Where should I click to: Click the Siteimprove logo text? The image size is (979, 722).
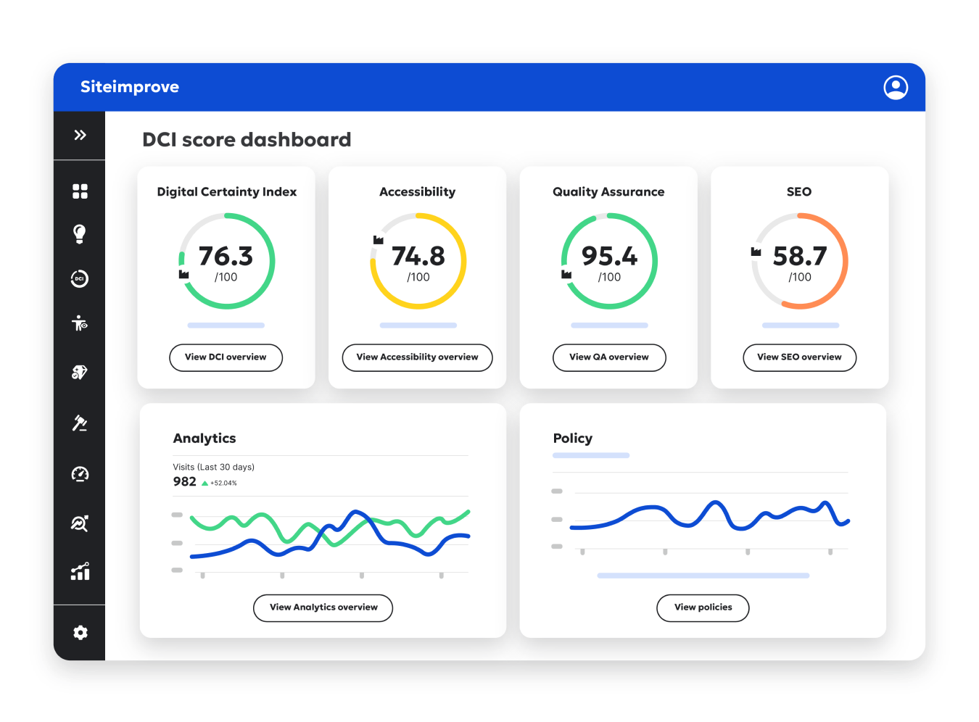130,87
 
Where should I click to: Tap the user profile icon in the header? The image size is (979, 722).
896,87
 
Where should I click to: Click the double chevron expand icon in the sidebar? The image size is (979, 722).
80,135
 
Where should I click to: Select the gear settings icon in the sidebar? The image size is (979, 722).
80,633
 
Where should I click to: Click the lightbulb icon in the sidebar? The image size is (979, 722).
80,233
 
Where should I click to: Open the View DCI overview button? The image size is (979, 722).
226,357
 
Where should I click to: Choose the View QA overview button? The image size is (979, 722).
609,357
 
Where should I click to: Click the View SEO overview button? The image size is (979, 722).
799,357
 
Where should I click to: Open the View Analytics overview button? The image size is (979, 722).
323,607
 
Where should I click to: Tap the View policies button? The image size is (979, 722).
703,607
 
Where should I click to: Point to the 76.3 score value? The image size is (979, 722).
226,257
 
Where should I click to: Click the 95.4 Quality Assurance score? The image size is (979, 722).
609,257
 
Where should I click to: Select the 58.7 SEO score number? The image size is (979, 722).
800,257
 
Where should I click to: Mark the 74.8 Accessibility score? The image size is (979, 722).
418,257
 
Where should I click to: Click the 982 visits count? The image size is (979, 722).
184,482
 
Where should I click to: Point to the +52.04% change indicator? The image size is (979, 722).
223,483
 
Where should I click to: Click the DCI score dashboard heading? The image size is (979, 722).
247,139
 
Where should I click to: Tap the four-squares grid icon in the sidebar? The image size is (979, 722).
80,191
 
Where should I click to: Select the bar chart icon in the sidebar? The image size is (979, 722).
80,571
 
